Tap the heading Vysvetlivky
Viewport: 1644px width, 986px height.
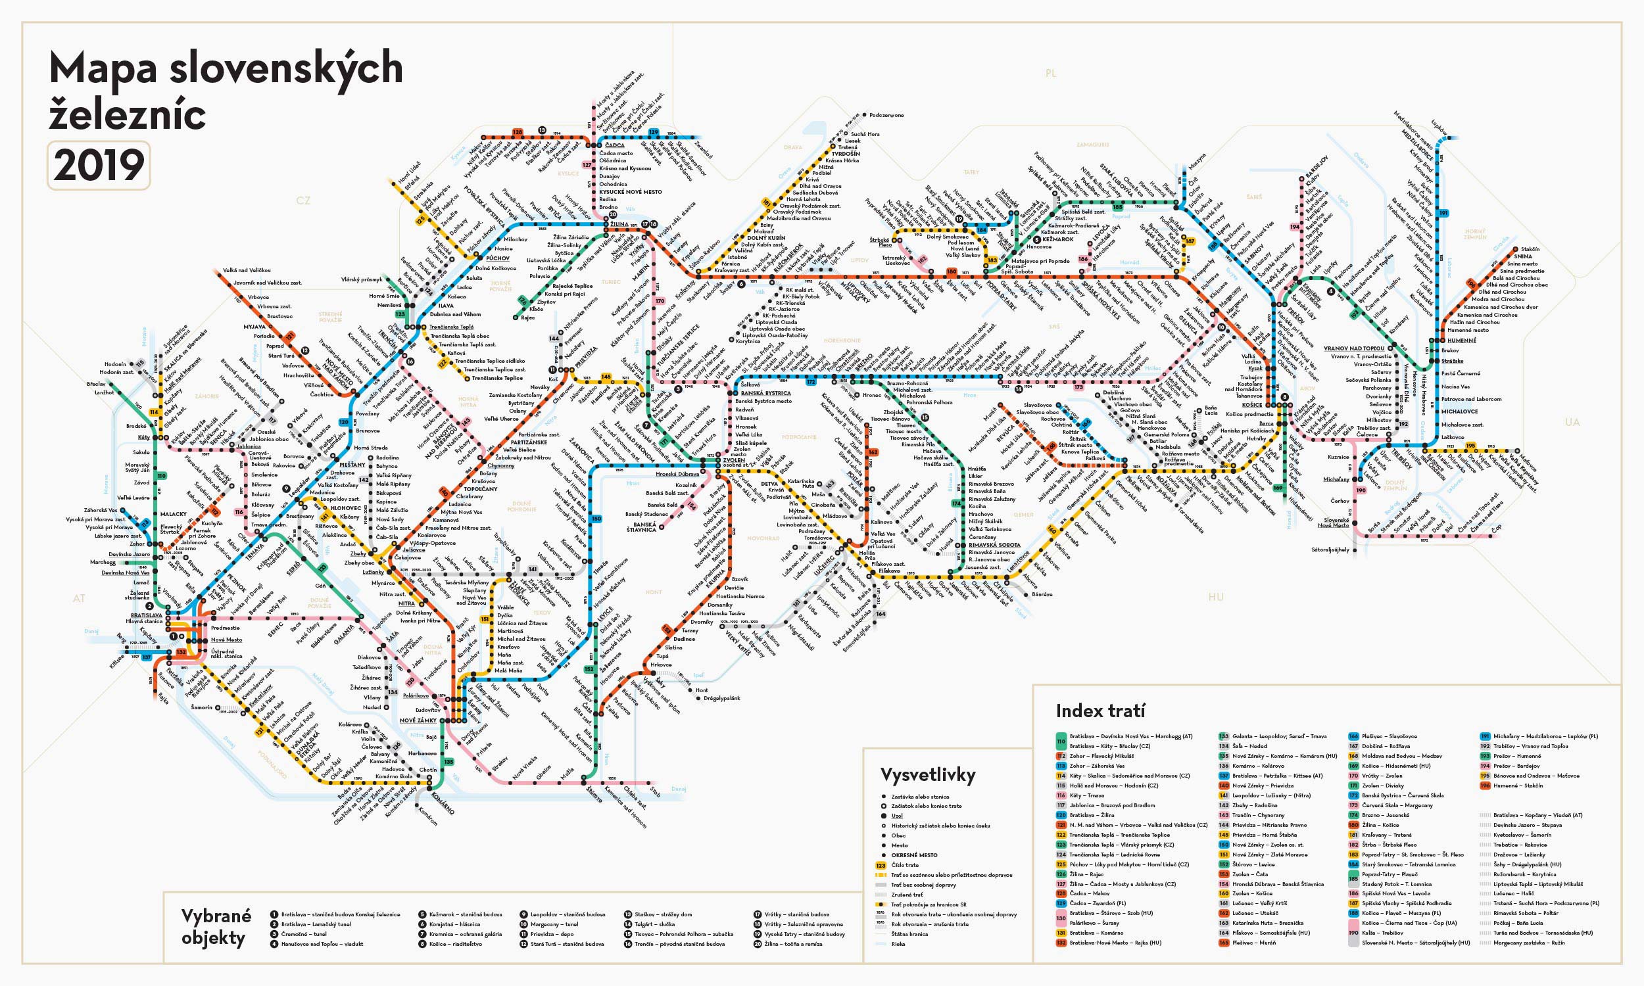(928, 775)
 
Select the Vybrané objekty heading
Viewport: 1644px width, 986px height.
(216, 927)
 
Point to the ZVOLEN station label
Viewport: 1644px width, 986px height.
(735, 459)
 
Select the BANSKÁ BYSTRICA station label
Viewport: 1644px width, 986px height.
(766, 393)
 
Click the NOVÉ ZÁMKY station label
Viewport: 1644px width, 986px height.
(418, 720)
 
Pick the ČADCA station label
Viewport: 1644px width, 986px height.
(615, 145)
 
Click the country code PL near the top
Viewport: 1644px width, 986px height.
(1051, 73)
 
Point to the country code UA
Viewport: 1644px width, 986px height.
(1572, 422)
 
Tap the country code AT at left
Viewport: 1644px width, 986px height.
(79, 598)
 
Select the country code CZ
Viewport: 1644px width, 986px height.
(303, 200)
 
